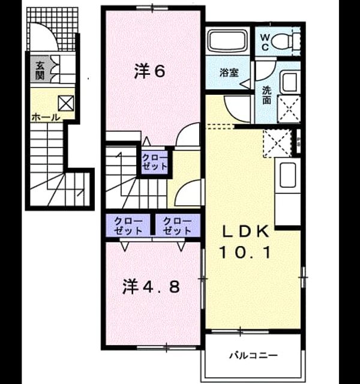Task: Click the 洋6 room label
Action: click(149, 71)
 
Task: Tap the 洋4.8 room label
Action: click(151, 287)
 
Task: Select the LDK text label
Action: click(245, 232)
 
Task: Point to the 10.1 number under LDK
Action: click(245, 252)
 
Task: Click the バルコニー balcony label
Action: click(253, 355)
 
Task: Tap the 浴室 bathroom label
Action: click(229, 73)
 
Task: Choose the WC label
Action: click(265, 42)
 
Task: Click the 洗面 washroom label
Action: click(266, 95)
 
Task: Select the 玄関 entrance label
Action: click(40, 71)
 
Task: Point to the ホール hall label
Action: click(46, 118)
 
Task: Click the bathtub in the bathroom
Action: click(228, 41)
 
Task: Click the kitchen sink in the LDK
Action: click(287, 175)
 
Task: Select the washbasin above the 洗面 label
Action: click(290, 82)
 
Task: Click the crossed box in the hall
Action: click(66, 103)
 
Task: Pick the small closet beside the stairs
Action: click(155, 162)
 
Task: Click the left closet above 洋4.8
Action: click(128, 226)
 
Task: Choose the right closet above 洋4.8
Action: click(178, 226)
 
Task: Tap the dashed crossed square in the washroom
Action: click(289, 109)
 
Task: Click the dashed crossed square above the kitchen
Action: click(277, 143)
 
